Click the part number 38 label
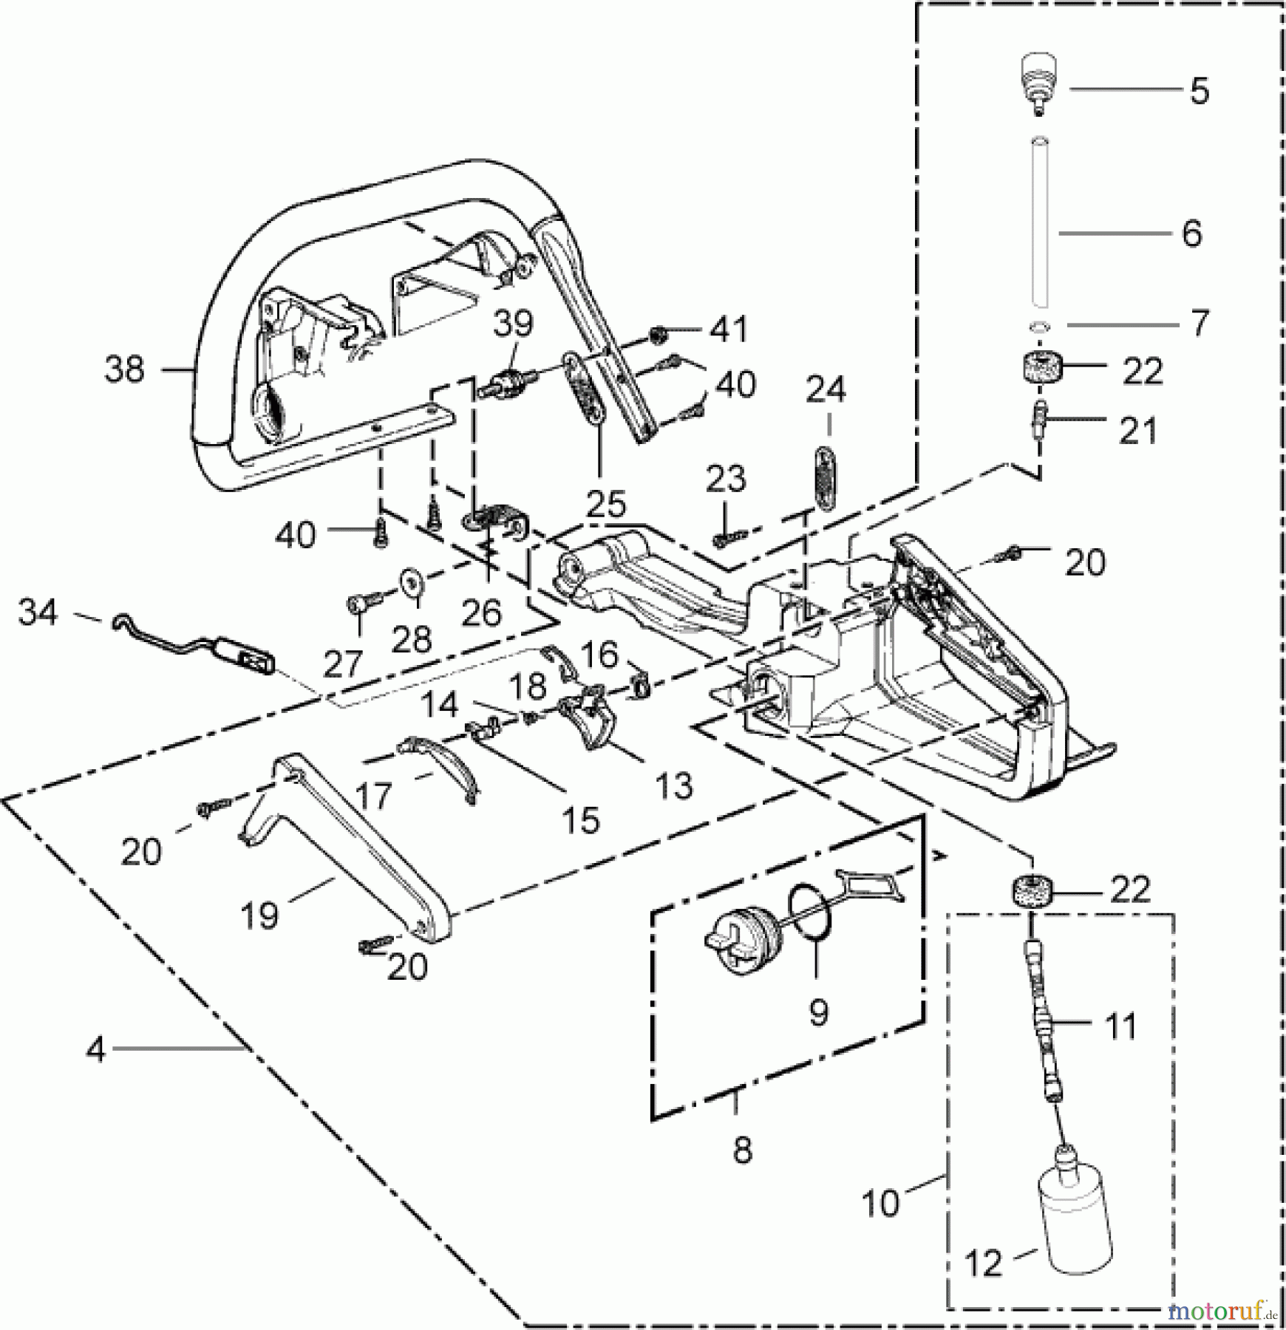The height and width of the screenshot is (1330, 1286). coord(123,369)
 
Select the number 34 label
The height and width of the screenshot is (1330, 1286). coord(37,613)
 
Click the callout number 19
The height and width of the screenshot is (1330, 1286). coord(260,915)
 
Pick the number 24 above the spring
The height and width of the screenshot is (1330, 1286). coord(825,389)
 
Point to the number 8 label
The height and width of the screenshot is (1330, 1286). coord(741,1150)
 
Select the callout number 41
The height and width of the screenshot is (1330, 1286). coord(728,329)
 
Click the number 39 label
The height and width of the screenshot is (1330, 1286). coord(513,323)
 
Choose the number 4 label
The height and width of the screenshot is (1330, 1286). coord(95,1049)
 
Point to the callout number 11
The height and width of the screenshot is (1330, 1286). coord(1120,1026)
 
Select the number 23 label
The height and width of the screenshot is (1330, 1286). coord(725,480)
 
